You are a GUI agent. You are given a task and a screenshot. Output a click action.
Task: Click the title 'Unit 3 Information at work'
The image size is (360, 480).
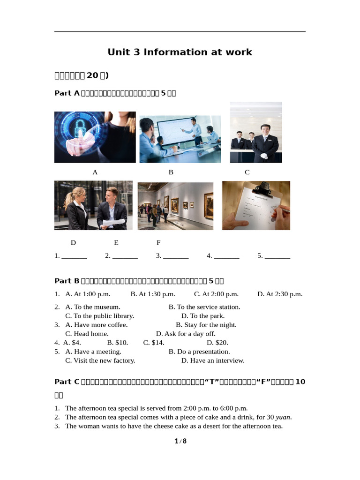pyautogui.click(x=180, y=52)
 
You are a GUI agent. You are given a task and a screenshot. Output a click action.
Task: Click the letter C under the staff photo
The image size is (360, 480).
pyautogui.click(x=247, y=172)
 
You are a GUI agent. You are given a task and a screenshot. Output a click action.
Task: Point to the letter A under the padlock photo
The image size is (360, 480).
pyautogui.click(x=95, y=172)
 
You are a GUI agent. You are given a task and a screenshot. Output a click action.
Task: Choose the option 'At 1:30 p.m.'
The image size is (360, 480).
pyautogui.click(x=153, y=294)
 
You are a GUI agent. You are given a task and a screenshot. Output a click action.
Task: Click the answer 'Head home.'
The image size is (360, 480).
pyautogui.click(x=87, y=334)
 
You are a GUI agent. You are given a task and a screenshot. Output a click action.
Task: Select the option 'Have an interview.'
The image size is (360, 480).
pyautogui.click(x=213, y=360)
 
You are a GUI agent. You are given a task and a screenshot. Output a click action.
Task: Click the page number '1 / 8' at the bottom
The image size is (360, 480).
pyautogui.click(x=180, y=441)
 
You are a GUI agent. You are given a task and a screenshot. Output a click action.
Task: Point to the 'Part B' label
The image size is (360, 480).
pyautogui.click(x=67, y=281)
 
